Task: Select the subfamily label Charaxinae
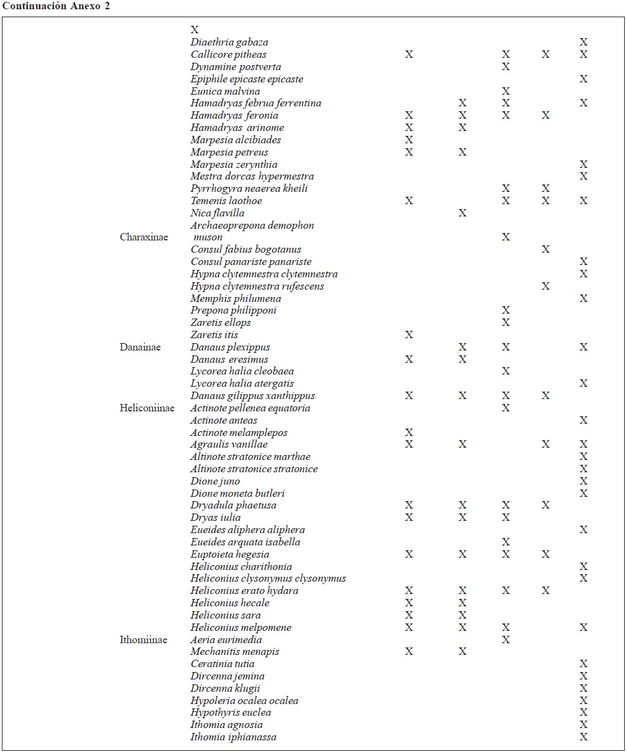[x=143, y=237]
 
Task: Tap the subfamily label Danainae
[x=140, y=347]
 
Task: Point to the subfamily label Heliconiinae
[x=146, y=408]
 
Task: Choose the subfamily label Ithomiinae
[x=143, y=640]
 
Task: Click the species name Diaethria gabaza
[x=229, y=42]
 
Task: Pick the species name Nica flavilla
[x=217, y=213]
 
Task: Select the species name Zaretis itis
[x=214, y=335]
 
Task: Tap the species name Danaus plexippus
[x=230, y=347]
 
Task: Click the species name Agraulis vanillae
[x=228, y=445]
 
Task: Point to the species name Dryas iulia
[x=215, y=518]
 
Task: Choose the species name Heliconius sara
[x=225, y=615]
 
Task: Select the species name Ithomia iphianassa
[x=233, y=737]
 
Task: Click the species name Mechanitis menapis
[x=235, y=652]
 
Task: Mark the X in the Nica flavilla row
[x=462, y=213]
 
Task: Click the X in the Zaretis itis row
[x=409, y=335]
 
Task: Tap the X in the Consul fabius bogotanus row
[x=545, y=250]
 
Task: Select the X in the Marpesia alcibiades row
[x=409, y=140]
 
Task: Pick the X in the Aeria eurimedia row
[x=505, y=640]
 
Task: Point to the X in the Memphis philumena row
[x=584, y=299]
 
